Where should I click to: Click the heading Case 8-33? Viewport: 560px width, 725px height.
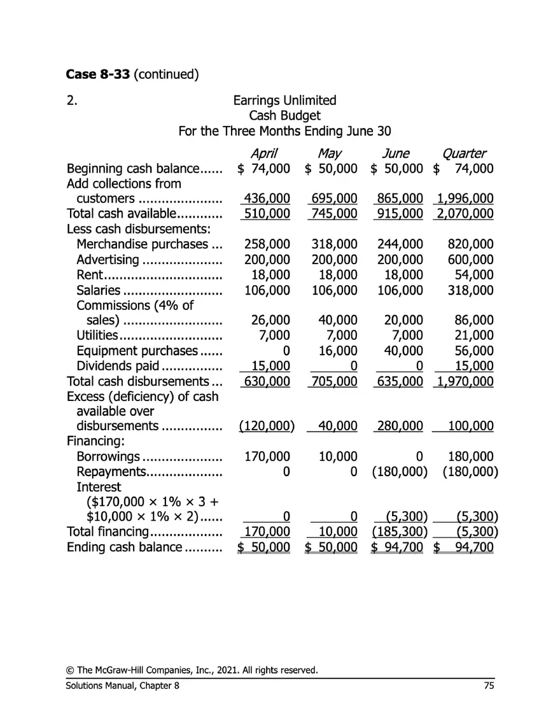tap(97, 74)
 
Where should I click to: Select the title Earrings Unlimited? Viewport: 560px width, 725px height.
tap(284, 101)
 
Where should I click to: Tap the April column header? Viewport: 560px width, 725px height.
tap(263, 153)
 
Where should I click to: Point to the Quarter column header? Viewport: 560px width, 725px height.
tap(463, 153)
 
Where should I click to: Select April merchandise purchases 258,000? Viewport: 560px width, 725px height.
tap(267, 244)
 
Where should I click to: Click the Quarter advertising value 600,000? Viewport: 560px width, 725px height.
tap(470, 260)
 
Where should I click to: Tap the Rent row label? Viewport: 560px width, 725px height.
tap(90, 275)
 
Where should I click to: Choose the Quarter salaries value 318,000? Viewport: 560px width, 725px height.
tap(470, 290)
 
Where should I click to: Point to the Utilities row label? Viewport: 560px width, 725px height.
tap(97, 335)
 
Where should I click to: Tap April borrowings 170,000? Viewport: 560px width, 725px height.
tap(267, 456)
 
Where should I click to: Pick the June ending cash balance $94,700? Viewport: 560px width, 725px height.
tap(398, 547)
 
